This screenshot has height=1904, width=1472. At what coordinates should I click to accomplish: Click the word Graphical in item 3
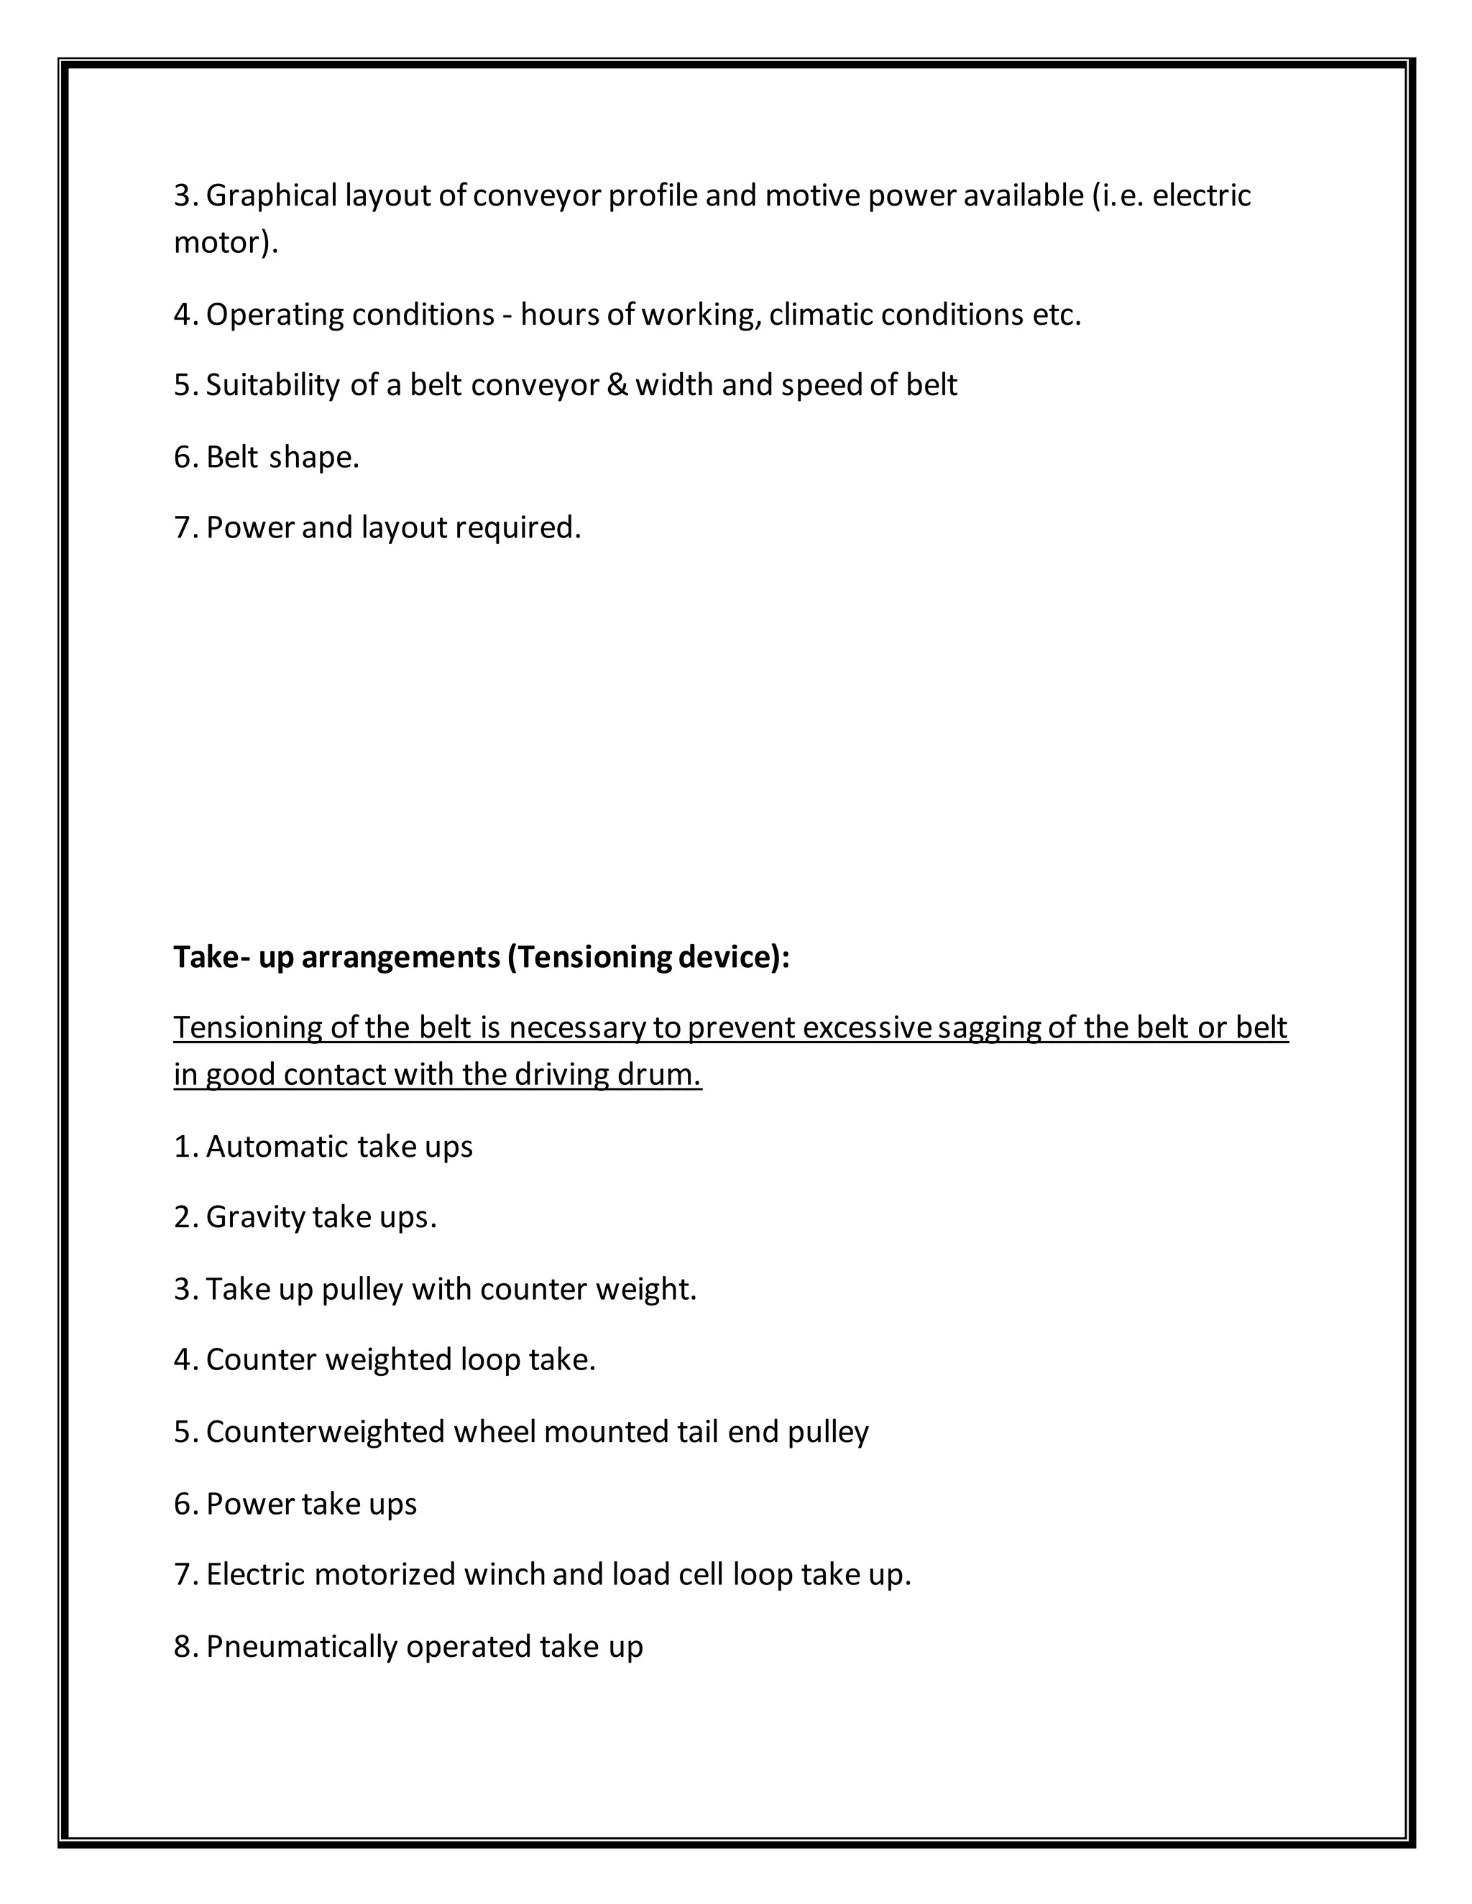click(x=271, y=196)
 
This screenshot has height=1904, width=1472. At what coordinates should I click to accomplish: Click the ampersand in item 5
click(x=617, y=385)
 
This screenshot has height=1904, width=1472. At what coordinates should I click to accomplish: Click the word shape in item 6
click(x=312, y=457)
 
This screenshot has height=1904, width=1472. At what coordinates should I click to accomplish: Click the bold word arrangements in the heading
click(x=400, y=957)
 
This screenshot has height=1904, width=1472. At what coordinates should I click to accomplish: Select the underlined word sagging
click(x=989, y=1029)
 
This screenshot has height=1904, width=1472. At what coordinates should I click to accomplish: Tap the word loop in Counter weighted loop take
click(x=490, y=1360)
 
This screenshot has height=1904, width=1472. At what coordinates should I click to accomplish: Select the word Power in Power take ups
click(x=249, y=1504)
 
